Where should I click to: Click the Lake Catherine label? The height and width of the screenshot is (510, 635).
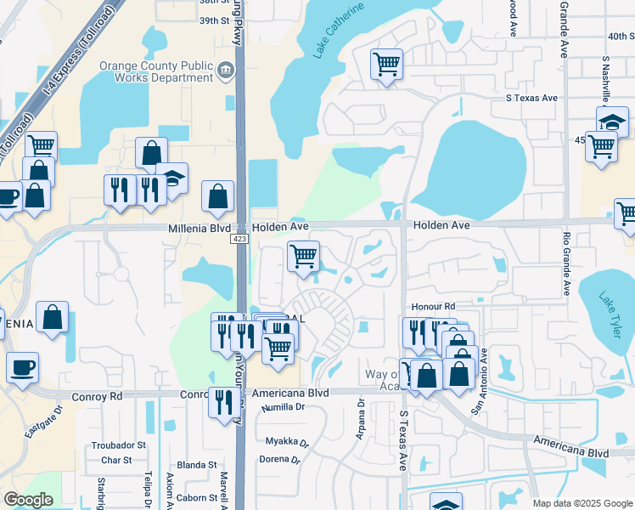[x=339, y=30]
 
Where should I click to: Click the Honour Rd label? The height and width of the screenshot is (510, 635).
[x=434, y=306]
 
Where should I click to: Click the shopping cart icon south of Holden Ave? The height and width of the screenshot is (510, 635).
[x=303, y=256]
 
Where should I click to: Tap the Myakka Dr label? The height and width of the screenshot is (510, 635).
[x=283, y=441]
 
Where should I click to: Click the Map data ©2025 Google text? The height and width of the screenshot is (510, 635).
[x=582, y=503]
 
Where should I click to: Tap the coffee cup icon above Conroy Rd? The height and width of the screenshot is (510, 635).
[x=22, y=368]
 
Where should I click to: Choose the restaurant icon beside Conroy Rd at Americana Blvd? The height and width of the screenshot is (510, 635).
[x=223, y=401]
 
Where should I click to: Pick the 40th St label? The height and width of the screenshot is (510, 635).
[x=621, y=36]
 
